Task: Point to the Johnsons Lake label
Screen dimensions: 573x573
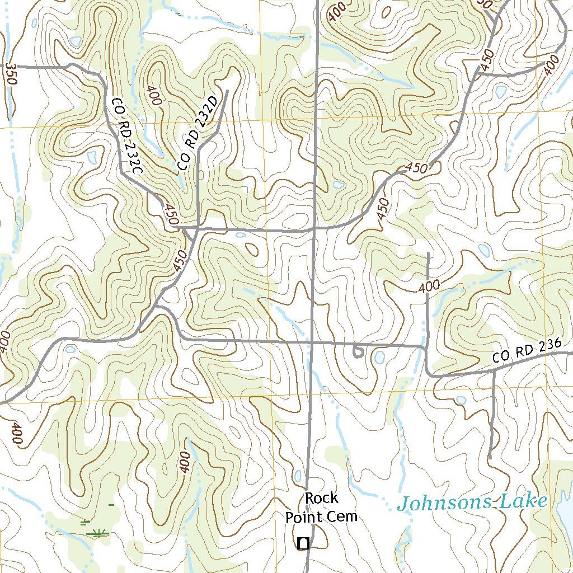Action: pyautogui.click(x=472, y=502)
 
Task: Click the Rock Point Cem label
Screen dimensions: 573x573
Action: pyautogui.click(x=321, y=508)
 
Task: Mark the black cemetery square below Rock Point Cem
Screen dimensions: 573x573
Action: pyautogui.click(x=303, y=542)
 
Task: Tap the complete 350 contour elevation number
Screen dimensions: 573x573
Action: pyautogui.click(x=11, y=74)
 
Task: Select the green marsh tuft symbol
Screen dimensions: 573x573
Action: pyautogui.click(x=98, y=533)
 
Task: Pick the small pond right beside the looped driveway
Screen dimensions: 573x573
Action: pyautogui.click(x=379, y=356)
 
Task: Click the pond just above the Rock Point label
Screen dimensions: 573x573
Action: pyautogui.click(x=298, y=476)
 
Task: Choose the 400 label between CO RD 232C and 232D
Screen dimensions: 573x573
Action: pyautogui.click(x=154, y=95)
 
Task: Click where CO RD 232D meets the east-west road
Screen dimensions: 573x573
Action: pyautogui.click(x=199, y=228)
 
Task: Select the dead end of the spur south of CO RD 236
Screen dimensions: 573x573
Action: pyautogui.click(x=490, y=458)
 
